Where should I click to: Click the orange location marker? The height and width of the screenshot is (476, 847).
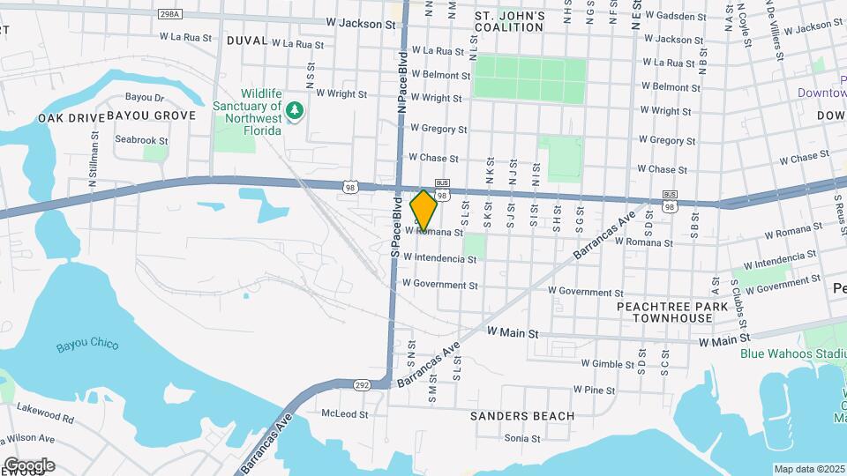click(423, 210)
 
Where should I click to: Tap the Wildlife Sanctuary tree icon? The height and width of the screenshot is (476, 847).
click(296, 110)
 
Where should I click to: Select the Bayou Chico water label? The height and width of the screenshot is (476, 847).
click(87, 344)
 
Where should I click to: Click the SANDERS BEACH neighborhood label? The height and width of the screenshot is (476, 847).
click(521, 415)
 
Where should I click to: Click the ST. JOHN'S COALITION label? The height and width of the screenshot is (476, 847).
click(509, 21)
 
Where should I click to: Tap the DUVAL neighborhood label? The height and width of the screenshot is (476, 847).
click(246, 41)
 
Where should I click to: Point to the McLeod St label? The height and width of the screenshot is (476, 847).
click(343, 413)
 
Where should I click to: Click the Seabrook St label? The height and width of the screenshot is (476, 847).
click(141, 139)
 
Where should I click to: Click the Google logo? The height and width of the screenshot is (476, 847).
click(28, 465)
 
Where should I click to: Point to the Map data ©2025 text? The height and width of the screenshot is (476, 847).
click(809, 469)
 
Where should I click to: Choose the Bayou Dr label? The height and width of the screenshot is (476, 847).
click(145, 97)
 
